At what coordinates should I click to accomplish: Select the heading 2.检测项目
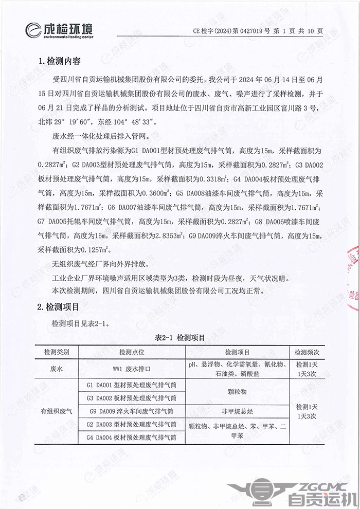60,308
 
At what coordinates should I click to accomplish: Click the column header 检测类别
60,353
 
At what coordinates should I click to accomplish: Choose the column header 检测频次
307,353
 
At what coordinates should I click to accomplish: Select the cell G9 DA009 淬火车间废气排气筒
132,411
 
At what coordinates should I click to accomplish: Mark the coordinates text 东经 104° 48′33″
133,123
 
